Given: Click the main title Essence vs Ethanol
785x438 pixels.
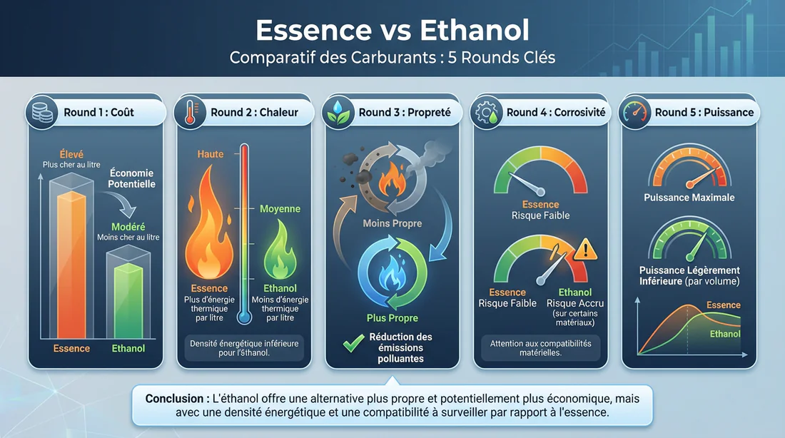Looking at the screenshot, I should coord(392,31).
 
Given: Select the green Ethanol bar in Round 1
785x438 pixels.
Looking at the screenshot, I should coord(128,300).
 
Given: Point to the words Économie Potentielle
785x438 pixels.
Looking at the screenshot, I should coord(132,178).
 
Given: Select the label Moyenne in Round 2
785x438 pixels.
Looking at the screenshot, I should coord(280,209).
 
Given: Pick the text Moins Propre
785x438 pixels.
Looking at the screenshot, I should coord(392,223).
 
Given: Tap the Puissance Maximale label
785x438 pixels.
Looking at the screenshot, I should coord(689,198).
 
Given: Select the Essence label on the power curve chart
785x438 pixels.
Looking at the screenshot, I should coord(723,305).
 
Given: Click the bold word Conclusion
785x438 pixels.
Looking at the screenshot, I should coord(176,398).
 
